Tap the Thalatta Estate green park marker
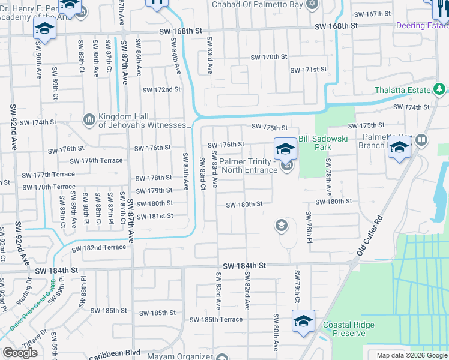pos(440,90)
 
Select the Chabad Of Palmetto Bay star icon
pos(311,5)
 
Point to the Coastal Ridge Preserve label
pos(349,329)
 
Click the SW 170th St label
pos(269,57)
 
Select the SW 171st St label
pos(308,70)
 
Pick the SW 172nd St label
pos(161,90)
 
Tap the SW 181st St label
pos(154,216)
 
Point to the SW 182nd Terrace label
pos(99,248)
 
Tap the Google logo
pos(20,353)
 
